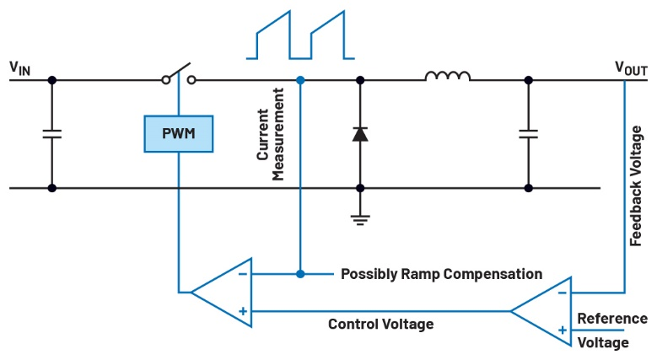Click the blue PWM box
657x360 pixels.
click(x=179, y=133)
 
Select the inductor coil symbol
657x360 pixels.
click(x=447, y=77)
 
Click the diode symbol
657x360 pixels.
click(x=360, y=133)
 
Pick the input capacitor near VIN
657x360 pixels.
click(x=51, y=133)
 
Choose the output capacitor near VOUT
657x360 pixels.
click(x=529, y=133)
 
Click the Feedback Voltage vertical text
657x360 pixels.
click(x=638, y=185)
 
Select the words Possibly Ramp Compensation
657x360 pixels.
click(x=440, y=275)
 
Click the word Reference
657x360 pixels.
click(x=612, y=319)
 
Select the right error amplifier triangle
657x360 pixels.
click(x=544, y=310)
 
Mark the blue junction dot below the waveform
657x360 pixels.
click(x=301, y=80)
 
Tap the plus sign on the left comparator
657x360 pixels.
click(x=242, y=311)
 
